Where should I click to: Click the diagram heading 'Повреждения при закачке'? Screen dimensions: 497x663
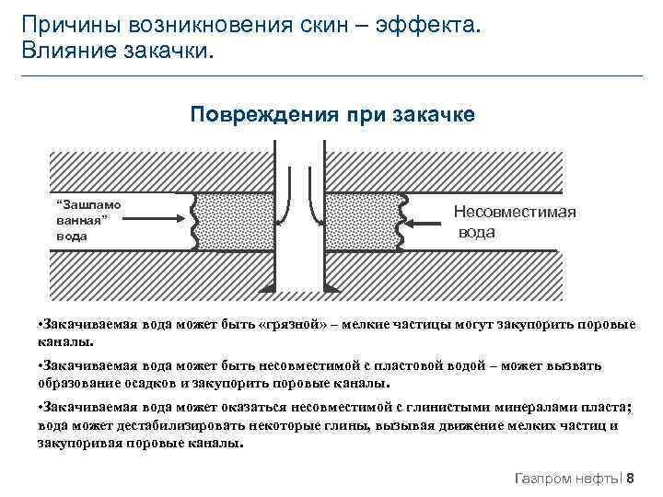332,114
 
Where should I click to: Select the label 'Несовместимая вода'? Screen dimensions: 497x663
514,222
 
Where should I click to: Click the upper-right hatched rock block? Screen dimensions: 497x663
442,170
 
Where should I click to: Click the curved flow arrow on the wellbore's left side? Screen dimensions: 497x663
289,193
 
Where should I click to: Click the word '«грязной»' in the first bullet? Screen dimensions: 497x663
294,326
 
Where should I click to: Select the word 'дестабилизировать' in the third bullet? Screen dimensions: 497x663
157,426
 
